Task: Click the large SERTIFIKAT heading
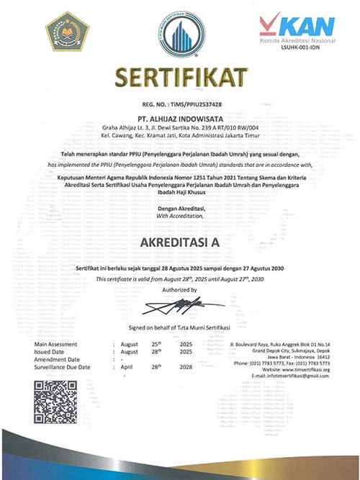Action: (x=180, y=76)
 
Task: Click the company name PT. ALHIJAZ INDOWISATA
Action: (x=180, y=114)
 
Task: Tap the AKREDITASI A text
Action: (x=180, y=242)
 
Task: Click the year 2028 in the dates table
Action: (x=186, y=367)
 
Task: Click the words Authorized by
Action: (x=180, y=290)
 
